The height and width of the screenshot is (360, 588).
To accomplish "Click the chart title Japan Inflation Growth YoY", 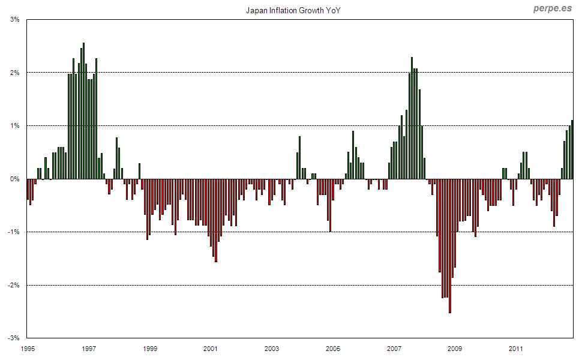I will point(293,11).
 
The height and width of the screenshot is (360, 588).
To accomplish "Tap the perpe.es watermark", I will point(553,8).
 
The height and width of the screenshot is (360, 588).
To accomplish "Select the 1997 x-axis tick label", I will point(89,348).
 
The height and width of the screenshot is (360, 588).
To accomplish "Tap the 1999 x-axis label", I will point(151,348).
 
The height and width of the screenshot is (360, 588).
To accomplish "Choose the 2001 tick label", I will point(211,348).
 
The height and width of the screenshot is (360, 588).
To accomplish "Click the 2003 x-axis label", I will point(272,348).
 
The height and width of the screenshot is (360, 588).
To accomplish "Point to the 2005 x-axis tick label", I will point(333,348).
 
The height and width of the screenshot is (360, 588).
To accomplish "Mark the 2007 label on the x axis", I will point(394,348).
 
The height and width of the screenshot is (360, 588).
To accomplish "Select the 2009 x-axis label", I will point(455,348).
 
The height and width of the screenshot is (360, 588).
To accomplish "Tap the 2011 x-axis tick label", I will point(515,348).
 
